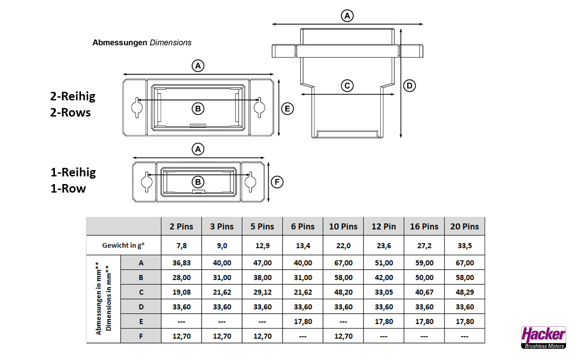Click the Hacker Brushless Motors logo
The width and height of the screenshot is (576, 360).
[x=543, y=337]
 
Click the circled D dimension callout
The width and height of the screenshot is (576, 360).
[x=409, y=85]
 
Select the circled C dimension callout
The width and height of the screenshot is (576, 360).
[x=347, y=85]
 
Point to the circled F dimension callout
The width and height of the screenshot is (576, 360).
[x=278, y=182]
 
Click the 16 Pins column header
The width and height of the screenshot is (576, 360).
[x=424, y=226]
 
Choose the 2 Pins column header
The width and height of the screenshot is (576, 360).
[x=181, y=226]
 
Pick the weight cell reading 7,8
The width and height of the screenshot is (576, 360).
[x=181, y=246]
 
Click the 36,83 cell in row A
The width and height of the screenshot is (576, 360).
[x=181, y=263]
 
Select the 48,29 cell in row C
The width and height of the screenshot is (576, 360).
[x=464, y=292]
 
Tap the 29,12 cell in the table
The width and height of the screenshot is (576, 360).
[x=262, y=292]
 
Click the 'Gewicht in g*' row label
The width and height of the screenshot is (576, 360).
[x=124, y=246]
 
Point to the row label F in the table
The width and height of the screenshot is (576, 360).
[x=141, y=336]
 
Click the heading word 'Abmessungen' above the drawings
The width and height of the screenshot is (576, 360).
[x=120, y=43]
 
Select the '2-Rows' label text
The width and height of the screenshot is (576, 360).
[x=70, y=112]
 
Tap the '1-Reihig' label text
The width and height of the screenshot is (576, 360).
[x=73, y=172]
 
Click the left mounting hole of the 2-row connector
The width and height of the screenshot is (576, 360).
[x=137, y=107]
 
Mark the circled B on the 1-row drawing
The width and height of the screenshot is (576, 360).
[x=198, y=182]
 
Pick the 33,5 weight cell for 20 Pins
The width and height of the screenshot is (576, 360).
[x=464, y=246]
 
